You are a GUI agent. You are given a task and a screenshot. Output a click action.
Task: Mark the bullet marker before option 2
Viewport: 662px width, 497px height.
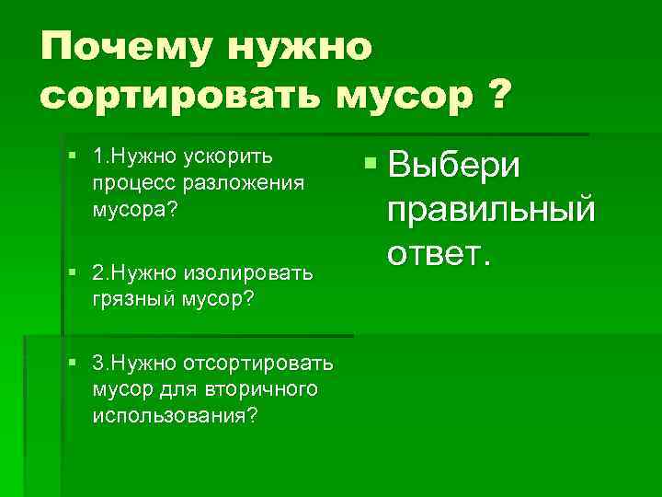coord(71,273)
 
